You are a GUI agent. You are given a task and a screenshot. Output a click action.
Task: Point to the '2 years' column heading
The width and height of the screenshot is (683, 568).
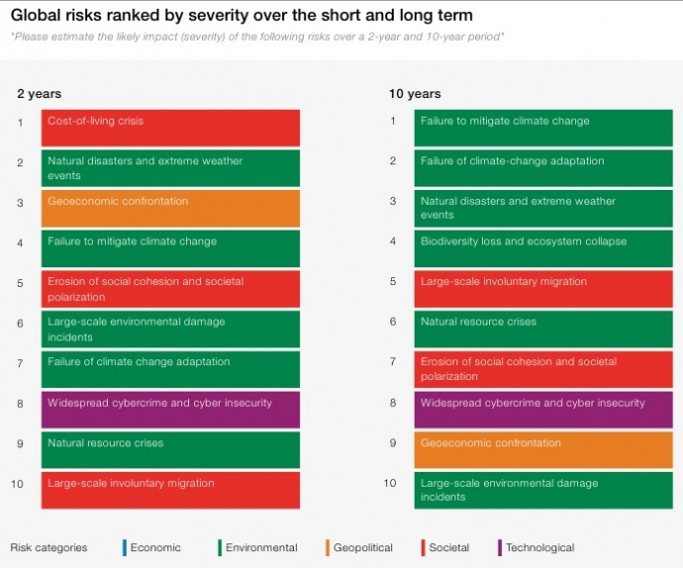click(39, 94)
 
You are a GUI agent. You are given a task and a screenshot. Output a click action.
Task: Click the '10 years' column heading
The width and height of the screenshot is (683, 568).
click(415, 94)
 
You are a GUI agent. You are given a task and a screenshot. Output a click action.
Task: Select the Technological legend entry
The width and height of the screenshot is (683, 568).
click(539, 547)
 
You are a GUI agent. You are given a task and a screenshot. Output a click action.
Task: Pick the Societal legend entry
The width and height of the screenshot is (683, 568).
click(448, 547)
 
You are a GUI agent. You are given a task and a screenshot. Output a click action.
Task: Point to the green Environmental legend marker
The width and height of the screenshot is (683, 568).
click(218, 547)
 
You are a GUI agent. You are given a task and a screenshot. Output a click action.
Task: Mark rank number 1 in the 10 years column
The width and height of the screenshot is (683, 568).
click(393, 121)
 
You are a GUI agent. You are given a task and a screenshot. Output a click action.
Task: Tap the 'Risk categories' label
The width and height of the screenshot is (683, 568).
click(49, 547)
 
